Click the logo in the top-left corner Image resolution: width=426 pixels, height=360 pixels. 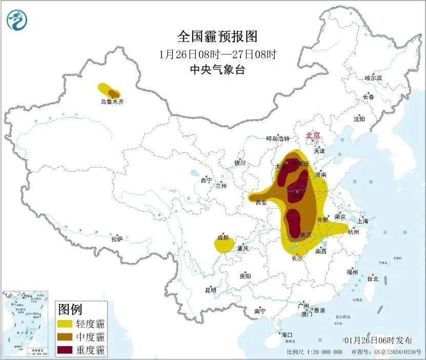pos(16,21)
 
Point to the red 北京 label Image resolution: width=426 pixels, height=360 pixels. pos(312,136)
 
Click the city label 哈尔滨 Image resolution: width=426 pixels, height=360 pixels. pos(373,78)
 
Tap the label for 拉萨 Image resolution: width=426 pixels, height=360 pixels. pos(117,239)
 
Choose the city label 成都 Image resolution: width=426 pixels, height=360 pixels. pos(223,238)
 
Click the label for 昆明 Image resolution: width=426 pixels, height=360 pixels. pos(211,290)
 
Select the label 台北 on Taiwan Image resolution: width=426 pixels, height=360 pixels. pos(372,279)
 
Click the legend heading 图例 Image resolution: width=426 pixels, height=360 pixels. pos(70,309)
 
